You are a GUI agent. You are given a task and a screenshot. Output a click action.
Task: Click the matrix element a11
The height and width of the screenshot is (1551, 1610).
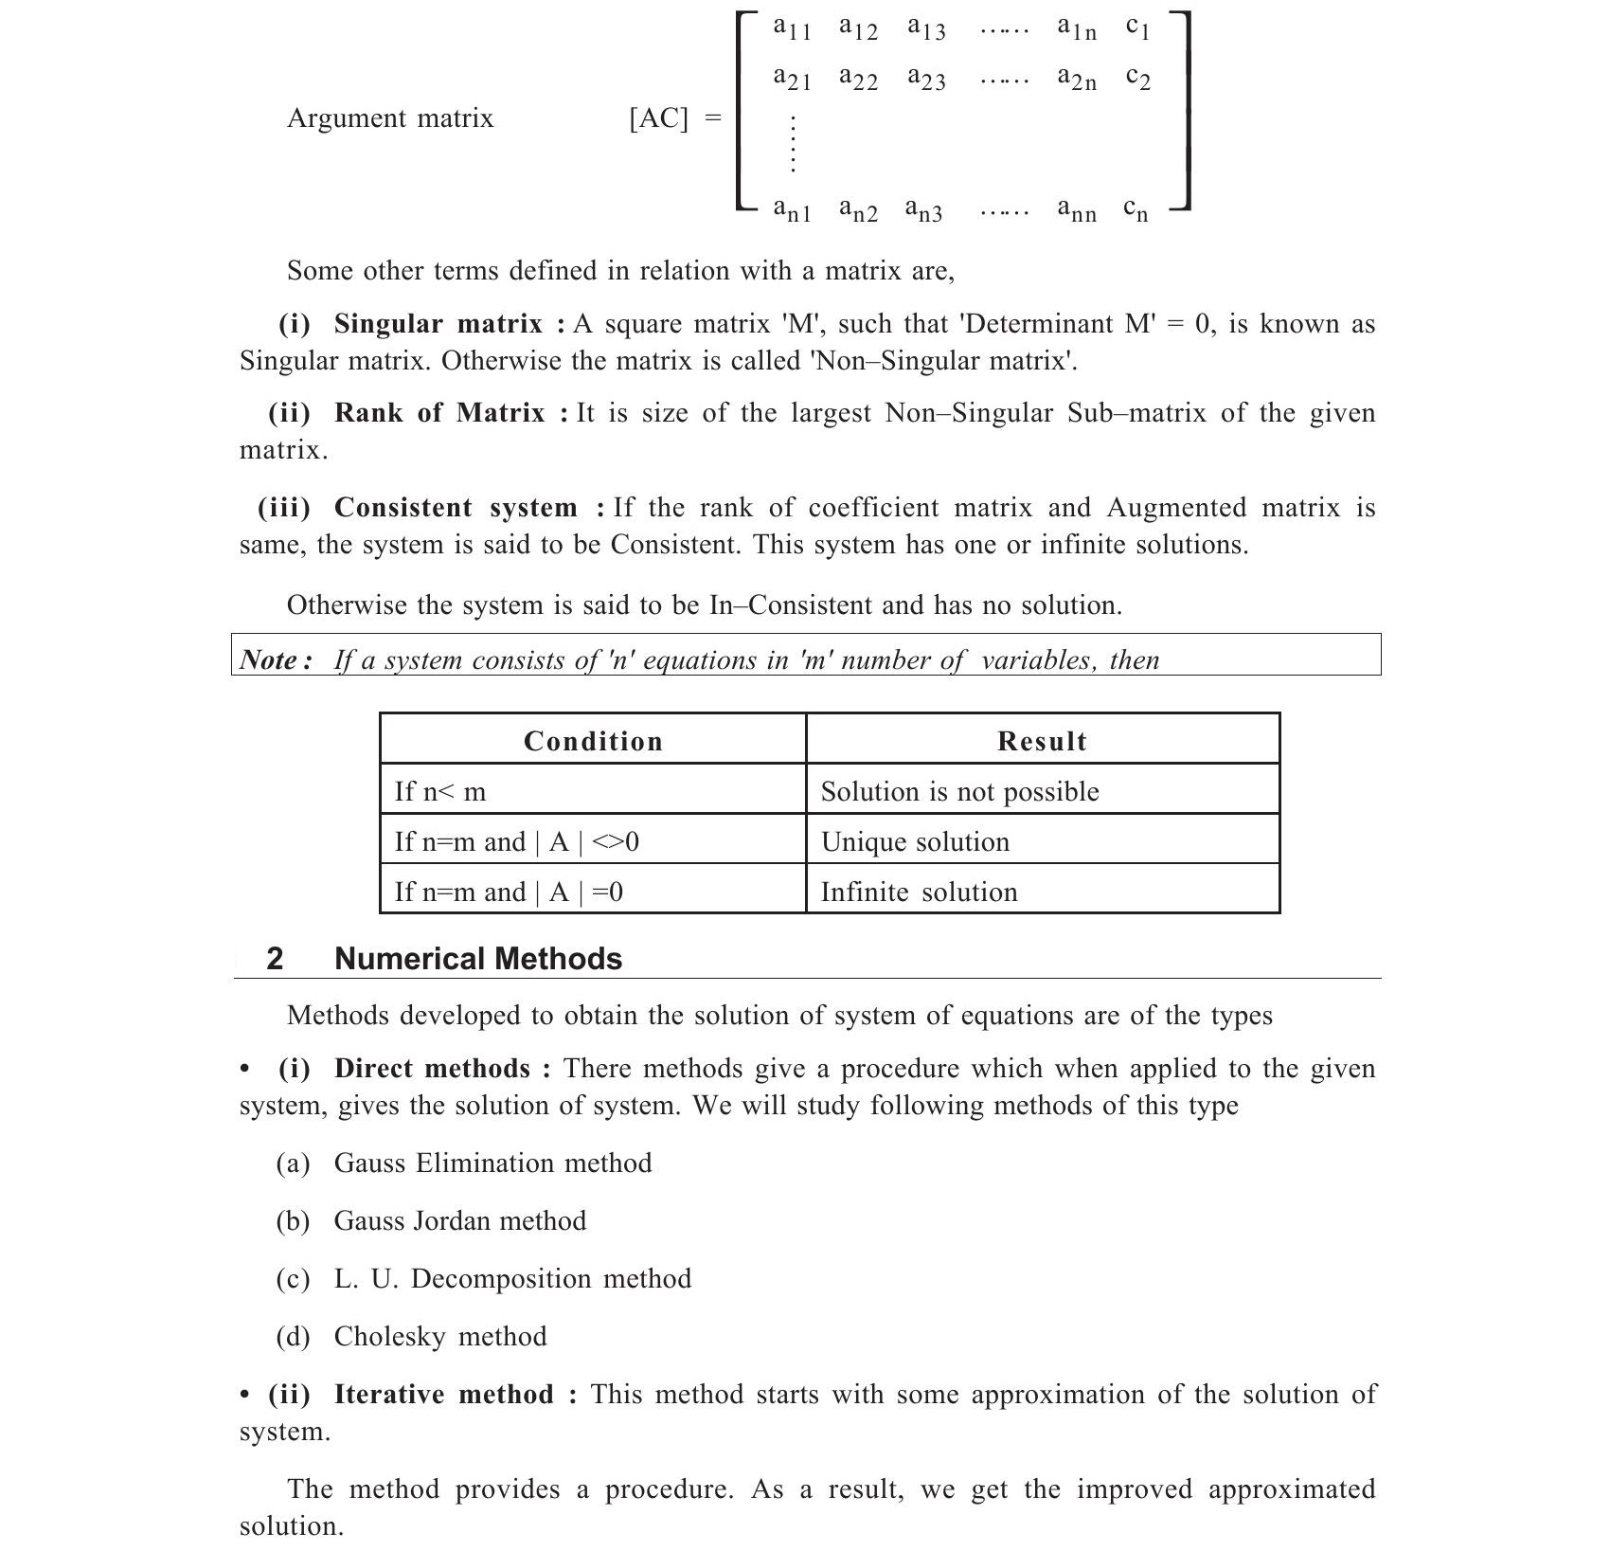[x=792, y=28]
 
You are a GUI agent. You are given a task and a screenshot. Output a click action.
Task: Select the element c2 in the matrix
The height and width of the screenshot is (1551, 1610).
[x=1137, y=78]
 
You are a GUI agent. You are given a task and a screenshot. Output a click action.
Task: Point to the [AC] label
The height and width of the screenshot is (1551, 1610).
[x=659, y=118]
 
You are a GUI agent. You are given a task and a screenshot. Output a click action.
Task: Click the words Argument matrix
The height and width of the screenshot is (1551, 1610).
[x=390, y=118]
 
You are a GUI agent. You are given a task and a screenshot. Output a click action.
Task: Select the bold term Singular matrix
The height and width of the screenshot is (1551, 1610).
[x=438, y=324]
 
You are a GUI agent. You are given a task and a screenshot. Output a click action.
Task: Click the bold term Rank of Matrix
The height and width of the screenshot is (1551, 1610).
[x=439, y=413]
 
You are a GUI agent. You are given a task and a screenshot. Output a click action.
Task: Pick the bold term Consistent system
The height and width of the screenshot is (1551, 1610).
[x=456, y=508]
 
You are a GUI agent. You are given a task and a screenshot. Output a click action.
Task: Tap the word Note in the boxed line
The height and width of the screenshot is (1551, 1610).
[x=270, y=659]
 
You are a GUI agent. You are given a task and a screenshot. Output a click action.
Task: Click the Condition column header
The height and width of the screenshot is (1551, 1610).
[x=593, y=741]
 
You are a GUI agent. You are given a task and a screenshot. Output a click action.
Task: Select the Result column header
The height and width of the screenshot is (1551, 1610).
[x=1042, y=741]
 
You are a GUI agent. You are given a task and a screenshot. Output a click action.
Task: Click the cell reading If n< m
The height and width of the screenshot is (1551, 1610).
[x=440, y=791]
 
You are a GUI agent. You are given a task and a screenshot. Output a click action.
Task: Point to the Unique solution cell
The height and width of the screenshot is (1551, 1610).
[x=915, y=841]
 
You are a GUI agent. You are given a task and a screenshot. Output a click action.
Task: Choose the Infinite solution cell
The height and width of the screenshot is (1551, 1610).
[x=919, y=892]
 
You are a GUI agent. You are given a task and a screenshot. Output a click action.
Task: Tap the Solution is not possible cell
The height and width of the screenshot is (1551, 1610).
[x=959, y=791]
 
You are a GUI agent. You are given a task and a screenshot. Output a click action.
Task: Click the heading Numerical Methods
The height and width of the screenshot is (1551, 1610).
[x=478, y=959]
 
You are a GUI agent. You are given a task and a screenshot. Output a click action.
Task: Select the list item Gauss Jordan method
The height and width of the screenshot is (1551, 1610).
[x=459, y=1220]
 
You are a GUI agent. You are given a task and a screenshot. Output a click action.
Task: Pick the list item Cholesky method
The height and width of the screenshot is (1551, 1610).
[x=440, y=1336]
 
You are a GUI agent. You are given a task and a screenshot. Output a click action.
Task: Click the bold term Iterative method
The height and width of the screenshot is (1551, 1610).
[x=443, y=1395]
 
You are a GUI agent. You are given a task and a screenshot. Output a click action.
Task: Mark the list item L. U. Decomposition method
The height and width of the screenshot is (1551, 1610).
[x=512, y=1278]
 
